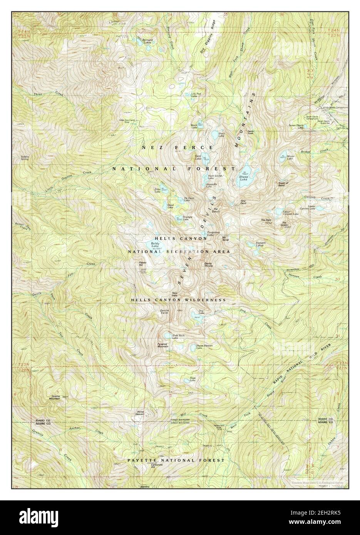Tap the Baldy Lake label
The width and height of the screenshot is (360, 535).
point(155,245)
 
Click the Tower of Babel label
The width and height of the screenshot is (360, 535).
point(283,184)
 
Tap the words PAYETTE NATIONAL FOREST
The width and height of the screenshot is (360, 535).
point(176,460)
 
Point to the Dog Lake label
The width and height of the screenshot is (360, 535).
point(201,313)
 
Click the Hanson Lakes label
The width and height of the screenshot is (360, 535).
point(261,243)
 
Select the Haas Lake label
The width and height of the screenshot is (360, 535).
point(193,379)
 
